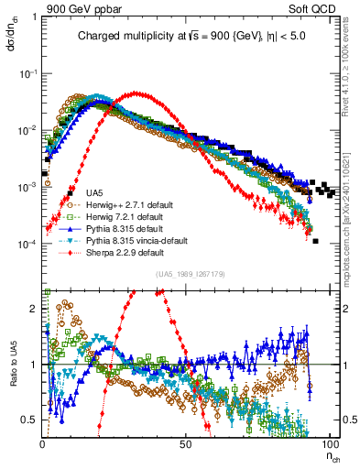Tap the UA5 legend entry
[x=94, y=193]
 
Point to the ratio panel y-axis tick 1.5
[x=30, y=337]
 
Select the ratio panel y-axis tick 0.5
[x=30, y=420]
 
